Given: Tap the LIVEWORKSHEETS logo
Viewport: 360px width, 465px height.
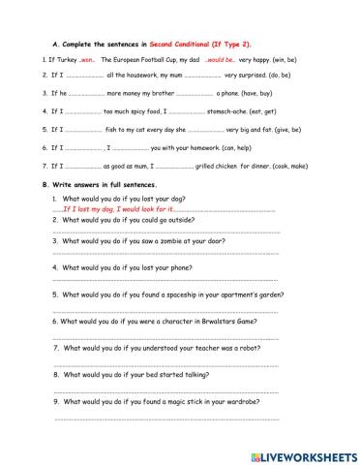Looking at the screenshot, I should coord(303,452).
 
